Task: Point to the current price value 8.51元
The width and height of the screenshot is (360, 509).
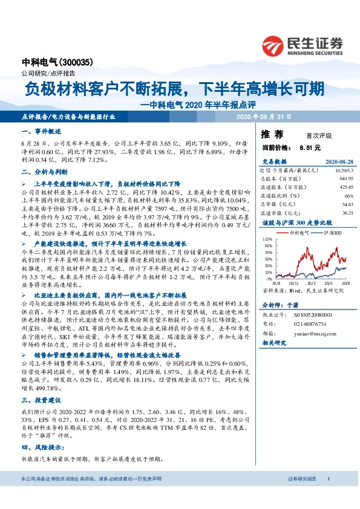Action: click(x=310, y=147)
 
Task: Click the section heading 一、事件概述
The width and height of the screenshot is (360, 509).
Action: click(x=41, y=131)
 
